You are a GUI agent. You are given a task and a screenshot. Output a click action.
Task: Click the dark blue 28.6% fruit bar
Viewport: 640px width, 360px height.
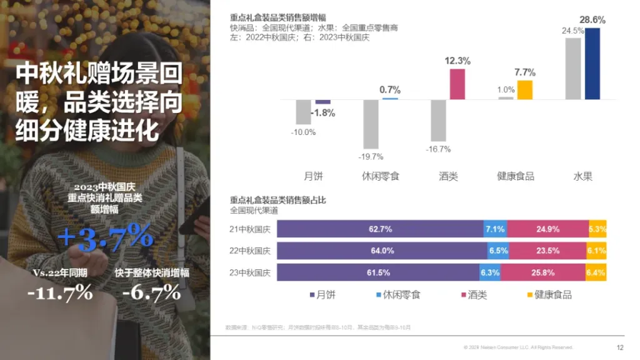[x=592, y=64]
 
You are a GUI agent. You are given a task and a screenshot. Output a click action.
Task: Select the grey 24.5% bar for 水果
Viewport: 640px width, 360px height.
[x=573, y=69]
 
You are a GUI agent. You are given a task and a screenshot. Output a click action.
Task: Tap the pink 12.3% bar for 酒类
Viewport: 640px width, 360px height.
[x=457, y=84]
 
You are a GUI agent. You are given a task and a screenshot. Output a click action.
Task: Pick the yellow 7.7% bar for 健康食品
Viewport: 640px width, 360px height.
[x=525, y=90]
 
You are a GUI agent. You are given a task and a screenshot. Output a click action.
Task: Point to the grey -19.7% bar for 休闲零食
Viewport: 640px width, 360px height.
[x=371, y=123]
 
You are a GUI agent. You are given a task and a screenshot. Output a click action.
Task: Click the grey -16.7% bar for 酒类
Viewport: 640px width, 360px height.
[x=438, y=120]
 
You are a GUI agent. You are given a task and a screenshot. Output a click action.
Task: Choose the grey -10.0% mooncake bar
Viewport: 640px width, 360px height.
[x=303, y=112]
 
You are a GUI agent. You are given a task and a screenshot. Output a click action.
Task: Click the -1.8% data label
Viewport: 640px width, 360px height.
[x=323, y=113]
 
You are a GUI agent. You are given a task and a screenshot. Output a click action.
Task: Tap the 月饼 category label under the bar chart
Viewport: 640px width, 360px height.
[x=314, y=176]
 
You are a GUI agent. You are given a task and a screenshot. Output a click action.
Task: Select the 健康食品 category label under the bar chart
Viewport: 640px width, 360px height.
[x=516, y=176]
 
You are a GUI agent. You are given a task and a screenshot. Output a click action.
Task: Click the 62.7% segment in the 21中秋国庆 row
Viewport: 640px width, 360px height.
[x=380, y=229]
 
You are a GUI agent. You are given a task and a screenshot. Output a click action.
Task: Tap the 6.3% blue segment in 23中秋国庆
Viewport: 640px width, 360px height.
[x=490, y=272]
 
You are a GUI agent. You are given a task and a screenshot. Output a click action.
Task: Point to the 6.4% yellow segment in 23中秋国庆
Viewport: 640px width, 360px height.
[x=596, y=272]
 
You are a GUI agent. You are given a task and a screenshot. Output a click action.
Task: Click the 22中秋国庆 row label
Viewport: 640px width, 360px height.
[x=250, y=251]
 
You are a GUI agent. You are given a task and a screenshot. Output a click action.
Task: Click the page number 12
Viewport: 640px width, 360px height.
[x=620, y=347]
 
